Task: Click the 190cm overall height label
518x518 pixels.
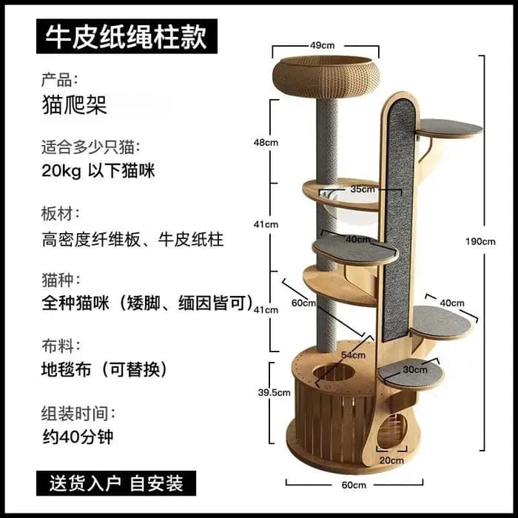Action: [x=480, y=242]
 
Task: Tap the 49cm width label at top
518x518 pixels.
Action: [x=322, y=45]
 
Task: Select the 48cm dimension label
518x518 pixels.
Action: [x=266, y=143]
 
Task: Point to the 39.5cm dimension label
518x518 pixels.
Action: [x=274, y=392]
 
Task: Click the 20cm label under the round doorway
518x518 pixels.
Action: [x=391, y=460]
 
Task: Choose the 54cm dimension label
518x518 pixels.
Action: [x=353, y=355]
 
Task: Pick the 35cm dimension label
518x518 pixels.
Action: [x=363, y=189]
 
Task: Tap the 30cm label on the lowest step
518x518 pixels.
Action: [x=415, y=370]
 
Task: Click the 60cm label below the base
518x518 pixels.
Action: [x=354, y=485]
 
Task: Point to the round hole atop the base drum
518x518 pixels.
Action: [x=334, y=372]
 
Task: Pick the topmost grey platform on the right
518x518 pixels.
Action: [x=448, y=127]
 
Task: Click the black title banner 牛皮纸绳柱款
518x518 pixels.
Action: [x=127, y=36]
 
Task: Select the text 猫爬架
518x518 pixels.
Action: [x=74, y=105]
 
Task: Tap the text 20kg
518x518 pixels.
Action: [x=61, y=172]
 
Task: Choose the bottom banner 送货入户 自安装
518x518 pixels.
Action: [x=116, y=483]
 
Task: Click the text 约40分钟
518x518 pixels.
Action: [x=78, y=437]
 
